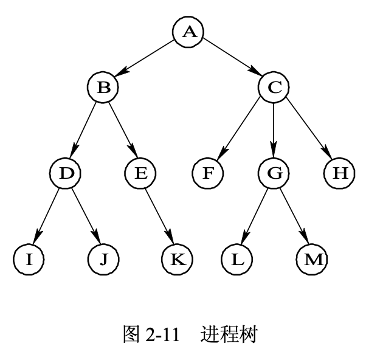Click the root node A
188,32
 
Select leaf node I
29,259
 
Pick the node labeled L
237,259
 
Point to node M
312,259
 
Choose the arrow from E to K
159,216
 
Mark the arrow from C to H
306,131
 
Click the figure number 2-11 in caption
163,334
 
